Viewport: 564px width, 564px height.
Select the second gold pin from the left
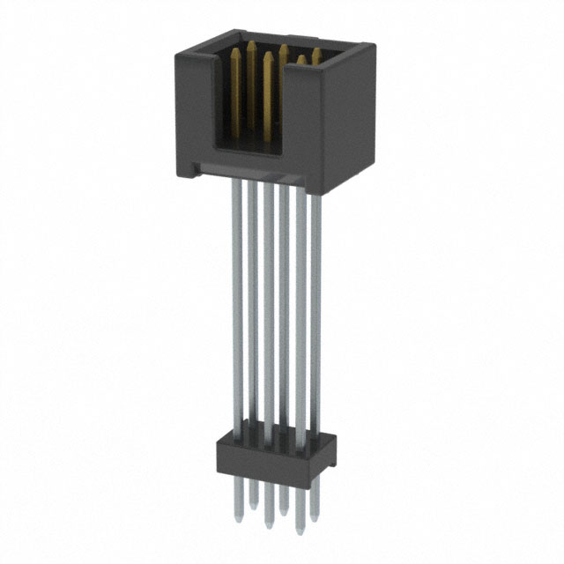[251, 46]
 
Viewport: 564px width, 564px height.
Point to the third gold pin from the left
[267, 58]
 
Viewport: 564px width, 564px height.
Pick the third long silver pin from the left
[267, 308]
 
